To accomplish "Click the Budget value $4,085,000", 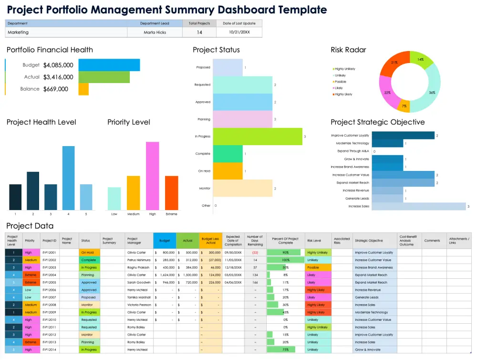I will [x=58, y=65].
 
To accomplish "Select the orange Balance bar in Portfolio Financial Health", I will [x=83, y=89].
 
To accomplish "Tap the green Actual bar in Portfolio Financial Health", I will [x=104, y=77].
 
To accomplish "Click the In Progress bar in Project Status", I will [x=257, y=137].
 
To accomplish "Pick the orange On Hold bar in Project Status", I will [x=228, y=171].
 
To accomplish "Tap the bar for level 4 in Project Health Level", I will [x=69, y=178].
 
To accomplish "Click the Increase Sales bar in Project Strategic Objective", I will [x=418, y=206].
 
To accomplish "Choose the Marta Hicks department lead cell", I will [x=155, y=32].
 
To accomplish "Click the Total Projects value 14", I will [x=199, y=32].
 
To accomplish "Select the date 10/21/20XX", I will [x=239, y=32].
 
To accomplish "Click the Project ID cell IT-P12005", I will [x=49, y=283].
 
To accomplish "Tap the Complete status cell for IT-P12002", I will [x=89, y=260].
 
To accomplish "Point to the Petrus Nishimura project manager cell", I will [x=139, y=260].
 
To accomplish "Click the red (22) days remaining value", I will [x=255, y=253].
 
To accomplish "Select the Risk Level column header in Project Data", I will [x=314, y=241].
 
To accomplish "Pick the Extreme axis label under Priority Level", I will [x=171, y=214].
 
